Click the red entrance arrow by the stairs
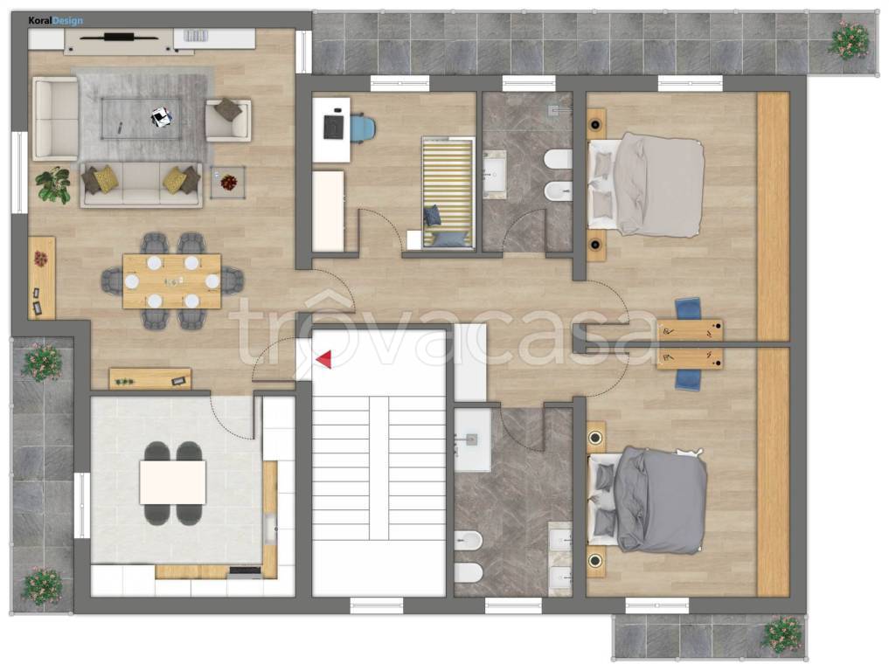(x=324, y=359)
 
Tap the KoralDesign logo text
(x=56, y=21)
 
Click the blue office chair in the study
(x=363, y=128)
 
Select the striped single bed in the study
(x=448, y=193)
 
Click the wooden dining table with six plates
(x=172, y=281)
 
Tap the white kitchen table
(x=172, y=482)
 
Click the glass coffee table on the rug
(x=142, y=118)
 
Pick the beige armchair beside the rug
(x=228, y=120)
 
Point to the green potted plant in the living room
(x=52, y=184)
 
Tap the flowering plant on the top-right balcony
(x=849, y=39)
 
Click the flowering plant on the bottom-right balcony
(x=784, y=634)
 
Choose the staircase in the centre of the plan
(x=379, y=467)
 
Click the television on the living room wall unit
(x=119, y=38)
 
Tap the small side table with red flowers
(x=228, y=182)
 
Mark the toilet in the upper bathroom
(x=558, y=159)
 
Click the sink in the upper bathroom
(x=495, y=173)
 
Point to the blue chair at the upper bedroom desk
(x=688, y=309)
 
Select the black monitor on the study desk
(x=334, y=127)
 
